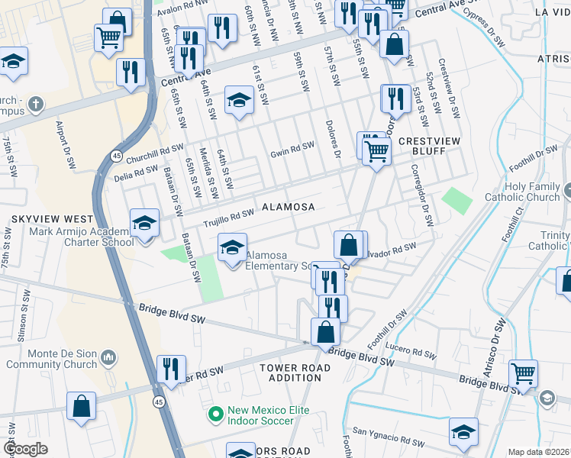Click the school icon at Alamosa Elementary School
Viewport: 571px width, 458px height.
233,247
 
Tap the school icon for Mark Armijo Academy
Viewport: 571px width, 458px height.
144,223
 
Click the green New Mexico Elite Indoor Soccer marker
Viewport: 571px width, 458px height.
217,415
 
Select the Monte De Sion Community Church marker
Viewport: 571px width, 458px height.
108,357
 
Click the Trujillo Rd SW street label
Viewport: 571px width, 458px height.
228,219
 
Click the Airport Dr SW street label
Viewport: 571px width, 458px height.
64,144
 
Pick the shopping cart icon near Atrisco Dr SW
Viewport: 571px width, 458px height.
524,374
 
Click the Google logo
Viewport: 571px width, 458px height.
25,449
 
